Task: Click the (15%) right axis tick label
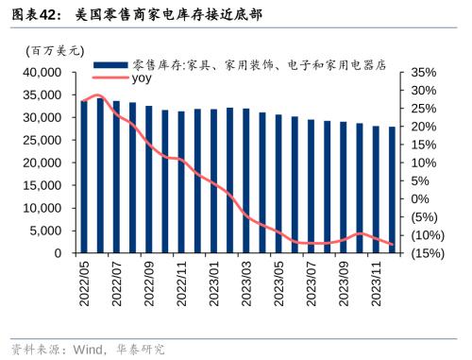[x=428, y=254]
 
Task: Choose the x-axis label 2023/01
[x=214, y=283]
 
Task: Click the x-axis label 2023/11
[x=377, y=283]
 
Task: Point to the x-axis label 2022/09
[x=150, y=283]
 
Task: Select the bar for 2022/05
[x=84, y=177]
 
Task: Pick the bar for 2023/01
[x=214, y=181]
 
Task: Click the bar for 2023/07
[x=311, y=187]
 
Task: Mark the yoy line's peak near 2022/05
[x=97, y=94]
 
